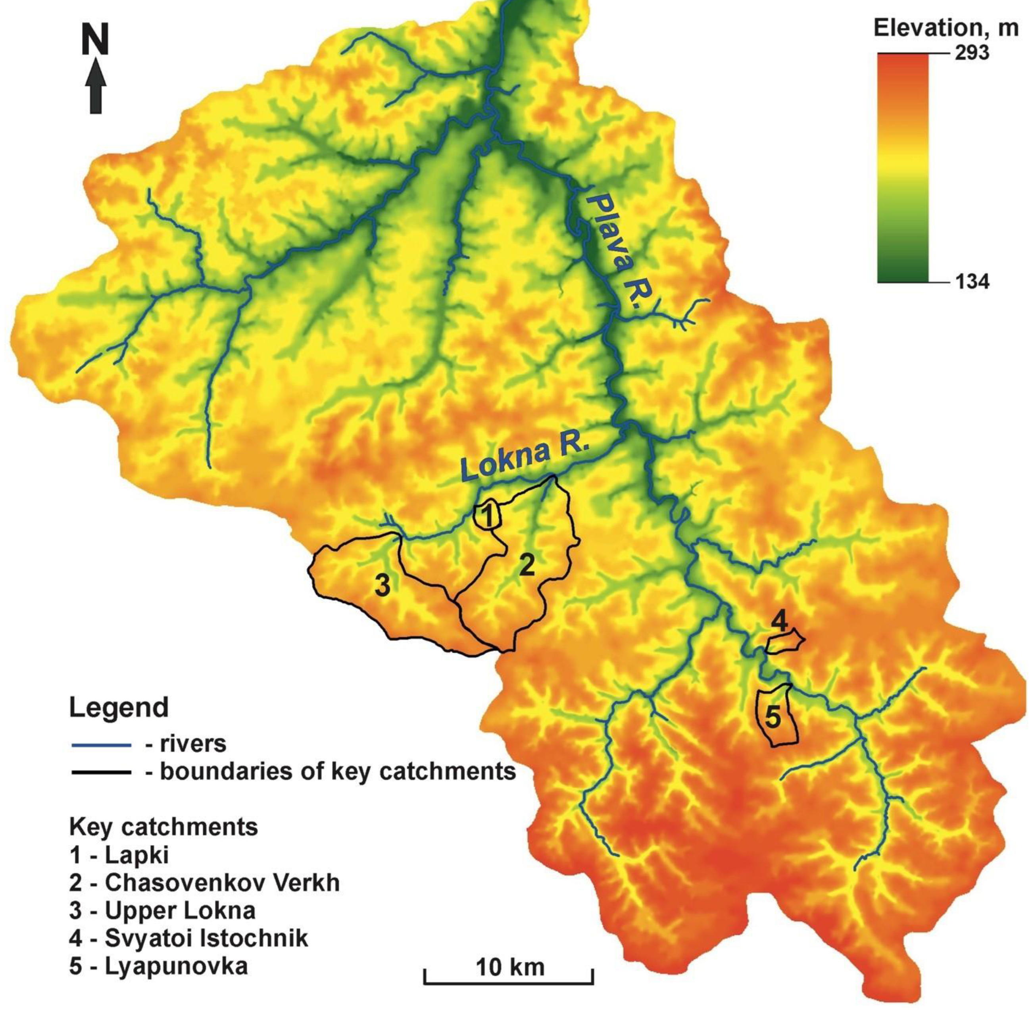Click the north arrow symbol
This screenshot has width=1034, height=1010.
coord(96,86)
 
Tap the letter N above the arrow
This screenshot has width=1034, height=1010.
coord(96,41)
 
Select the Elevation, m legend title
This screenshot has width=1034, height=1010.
coord(946,28)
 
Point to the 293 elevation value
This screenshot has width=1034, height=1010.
coord(972,54)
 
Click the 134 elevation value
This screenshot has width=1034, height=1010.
coord(972,282)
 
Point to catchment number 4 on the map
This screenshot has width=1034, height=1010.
coord(778,621)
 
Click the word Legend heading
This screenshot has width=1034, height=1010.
coord(119,708)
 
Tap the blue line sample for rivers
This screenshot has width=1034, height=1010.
coord(101,745)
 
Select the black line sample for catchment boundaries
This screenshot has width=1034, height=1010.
coord(101,772)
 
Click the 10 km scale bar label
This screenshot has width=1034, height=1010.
coord(509,967)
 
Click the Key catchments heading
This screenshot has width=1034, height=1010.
coord(163,827)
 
